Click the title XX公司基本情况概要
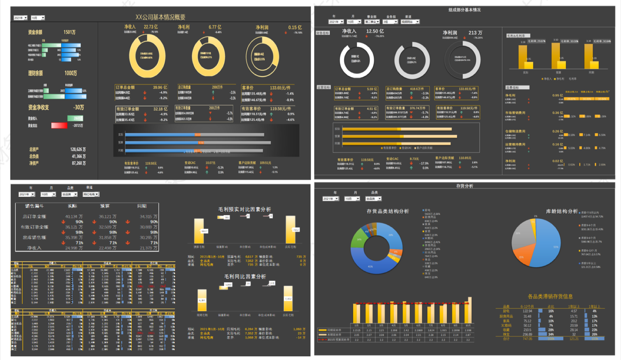pyautogui.click(x=160, y=17)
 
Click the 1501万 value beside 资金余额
pyautogui.click(x=69, y=32)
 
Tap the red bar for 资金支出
pyautogui.click(x=59, y=126)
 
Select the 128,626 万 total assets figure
pyautogui.click(x=78, y=149)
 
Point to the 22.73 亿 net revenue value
pyautogui.click(x=151, y=27)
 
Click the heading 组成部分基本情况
pyautogui.click(x=464, y=10)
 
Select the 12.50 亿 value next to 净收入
pyautogui.click(x=375, y=31)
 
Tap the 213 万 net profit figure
pyautogui.click(x=475, y=33)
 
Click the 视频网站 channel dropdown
pyautogui.click(x=410, y=22)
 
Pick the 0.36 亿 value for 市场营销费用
pyautogui.click(x=557, y=113)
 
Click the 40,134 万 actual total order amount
pyautogui.click(x=74, y=216)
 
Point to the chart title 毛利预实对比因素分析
pyautogui.click(x=244, y=209)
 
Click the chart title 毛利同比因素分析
pyautogui.click(x=245, y=276)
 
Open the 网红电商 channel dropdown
pyautogui.click(x=91, y=194)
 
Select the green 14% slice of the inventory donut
pyautogui.click(x=359, y=240)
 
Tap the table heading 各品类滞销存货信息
pyautogui.click(x=550, y=296)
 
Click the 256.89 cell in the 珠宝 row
pyautogui.click(x=527, y=334)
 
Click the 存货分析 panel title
pyautogui.click(x=464, y=186)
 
